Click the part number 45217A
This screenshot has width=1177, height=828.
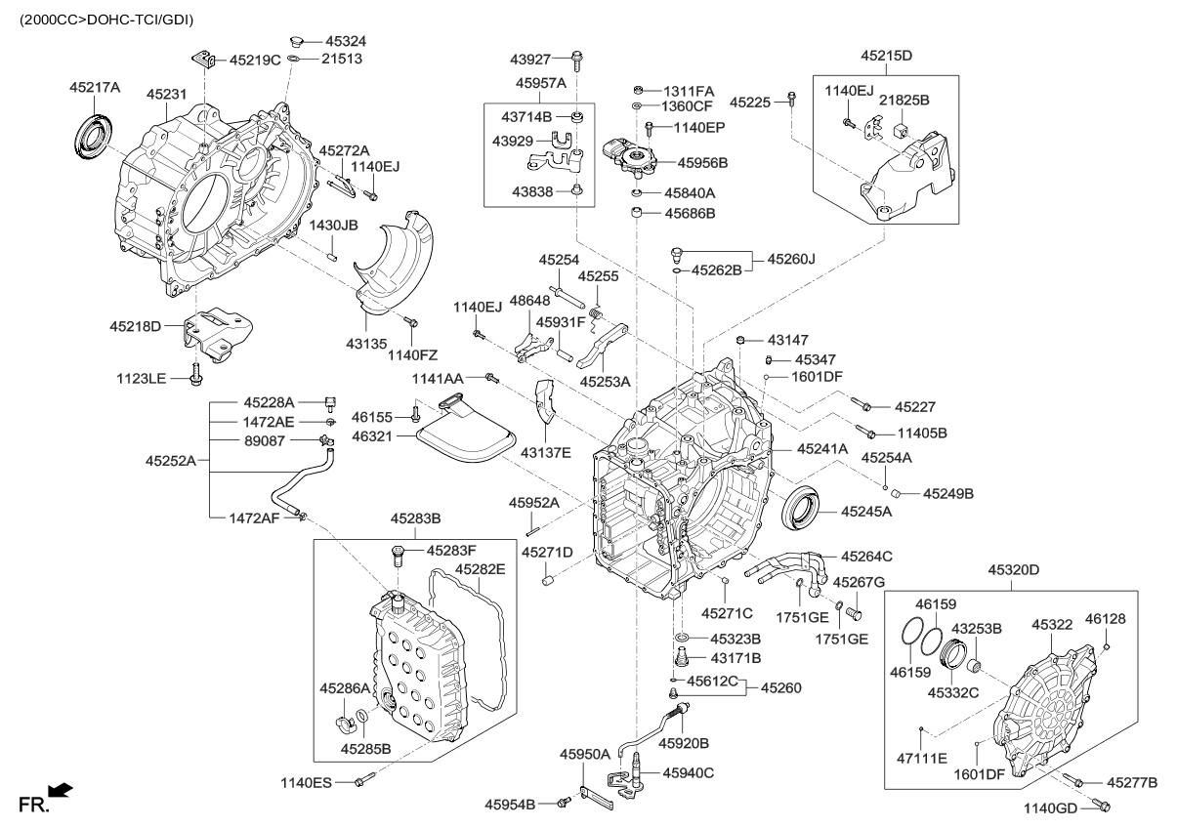95,88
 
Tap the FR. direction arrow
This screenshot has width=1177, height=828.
60,790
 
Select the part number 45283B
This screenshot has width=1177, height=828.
416,517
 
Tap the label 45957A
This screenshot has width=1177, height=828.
542,85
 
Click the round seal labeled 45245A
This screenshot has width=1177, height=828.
804,509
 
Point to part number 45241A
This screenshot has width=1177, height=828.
821,449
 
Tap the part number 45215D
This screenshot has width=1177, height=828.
886,57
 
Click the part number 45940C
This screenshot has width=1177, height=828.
688,772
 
